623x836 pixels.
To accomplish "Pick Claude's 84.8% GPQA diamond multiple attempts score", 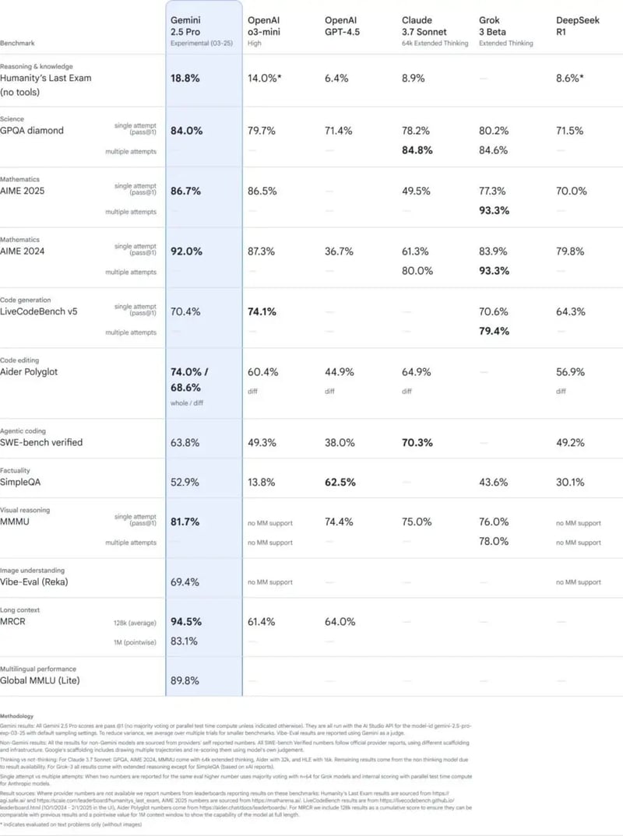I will tap(417, 150).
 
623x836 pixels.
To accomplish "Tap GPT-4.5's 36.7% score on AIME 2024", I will tap(339, 251).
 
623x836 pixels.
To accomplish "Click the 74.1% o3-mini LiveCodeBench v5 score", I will tap(262, 311).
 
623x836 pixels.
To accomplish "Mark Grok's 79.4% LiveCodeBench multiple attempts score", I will tap(494, 331).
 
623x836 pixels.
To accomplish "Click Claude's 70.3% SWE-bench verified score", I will tap(417, 442).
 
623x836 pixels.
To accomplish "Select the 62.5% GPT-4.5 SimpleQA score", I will tap(340, 482).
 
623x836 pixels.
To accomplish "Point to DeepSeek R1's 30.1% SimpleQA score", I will tap(571, 482).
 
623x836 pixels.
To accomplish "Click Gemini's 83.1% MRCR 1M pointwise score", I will tap(184, 641).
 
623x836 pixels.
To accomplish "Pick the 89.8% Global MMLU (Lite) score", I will tap(185, 680).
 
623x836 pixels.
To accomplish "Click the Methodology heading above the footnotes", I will tap(18, 715).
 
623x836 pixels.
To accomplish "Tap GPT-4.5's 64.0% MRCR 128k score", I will tap(339, 621).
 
